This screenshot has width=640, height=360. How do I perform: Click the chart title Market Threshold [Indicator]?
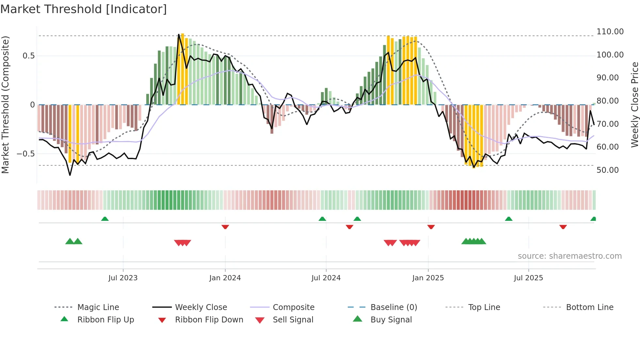click(x=84, y=9)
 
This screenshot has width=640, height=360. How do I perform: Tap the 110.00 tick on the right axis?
click(x=610, y=32)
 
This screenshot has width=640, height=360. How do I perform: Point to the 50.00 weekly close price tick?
click(x=607, y=170)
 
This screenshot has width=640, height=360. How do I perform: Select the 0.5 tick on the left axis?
click(x=28, y=56)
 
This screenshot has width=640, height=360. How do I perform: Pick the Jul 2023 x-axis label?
click(x=123, y=278)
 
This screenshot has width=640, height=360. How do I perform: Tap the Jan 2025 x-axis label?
click(x=428, y=278)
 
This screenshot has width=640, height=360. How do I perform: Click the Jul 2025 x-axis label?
click(x=528, y=278)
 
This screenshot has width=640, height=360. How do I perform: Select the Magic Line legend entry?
click(x=98, y=307)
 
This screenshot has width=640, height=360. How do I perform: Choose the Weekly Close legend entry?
click(x=201, y=307)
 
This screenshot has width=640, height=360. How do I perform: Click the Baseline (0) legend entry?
click(x=393, y=307)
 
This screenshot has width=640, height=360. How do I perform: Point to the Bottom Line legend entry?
click(x=589, y=307)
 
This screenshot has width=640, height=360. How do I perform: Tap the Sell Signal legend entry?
click(x=293, y=320)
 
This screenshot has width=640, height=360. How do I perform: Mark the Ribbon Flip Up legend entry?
click(x=105, y=320)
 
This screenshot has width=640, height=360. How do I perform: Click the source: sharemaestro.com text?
click(x=569, y=256)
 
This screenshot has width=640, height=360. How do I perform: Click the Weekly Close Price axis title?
click(x=634, y=105)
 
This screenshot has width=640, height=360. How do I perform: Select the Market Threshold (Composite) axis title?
click(x=5, y=105)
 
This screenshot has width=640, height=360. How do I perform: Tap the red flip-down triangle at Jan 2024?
click(x=225, y=227)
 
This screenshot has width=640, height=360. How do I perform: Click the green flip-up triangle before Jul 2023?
click(x=105, y=219)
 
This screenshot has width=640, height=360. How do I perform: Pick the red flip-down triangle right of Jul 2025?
click(x=563, y=227)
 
